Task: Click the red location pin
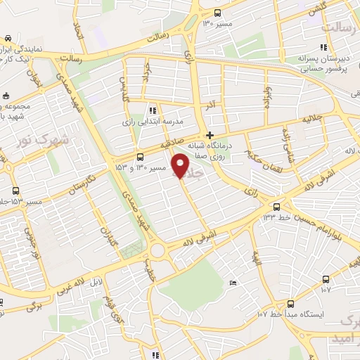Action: pos(182,165)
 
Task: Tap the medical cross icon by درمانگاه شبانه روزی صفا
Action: pos(210,136)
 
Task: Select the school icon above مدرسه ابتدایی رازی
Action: pos(153,110)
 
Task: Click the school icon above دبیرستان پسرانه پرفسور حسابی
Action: pos(303,46)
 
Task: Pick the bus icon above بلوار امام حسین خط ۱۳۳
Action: pos(277,207)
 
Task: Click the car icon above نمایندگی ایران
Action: pos(7,38)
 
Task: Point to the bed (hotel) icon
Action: pos(233,283)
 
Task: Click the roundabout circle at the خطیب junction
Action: pos(157,251)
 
